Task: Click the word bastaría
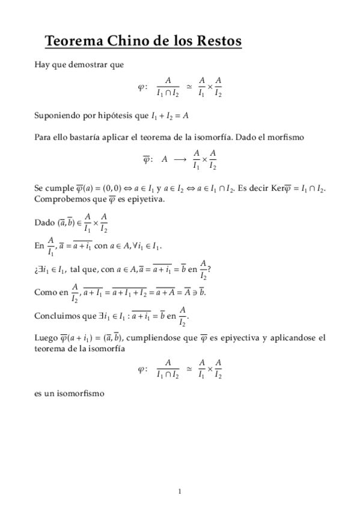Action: [x=96, y=137]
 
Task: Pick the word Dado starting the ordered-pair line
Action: [x=44, y=223]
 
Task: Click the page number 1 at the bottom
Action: [x=180, y=491]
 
